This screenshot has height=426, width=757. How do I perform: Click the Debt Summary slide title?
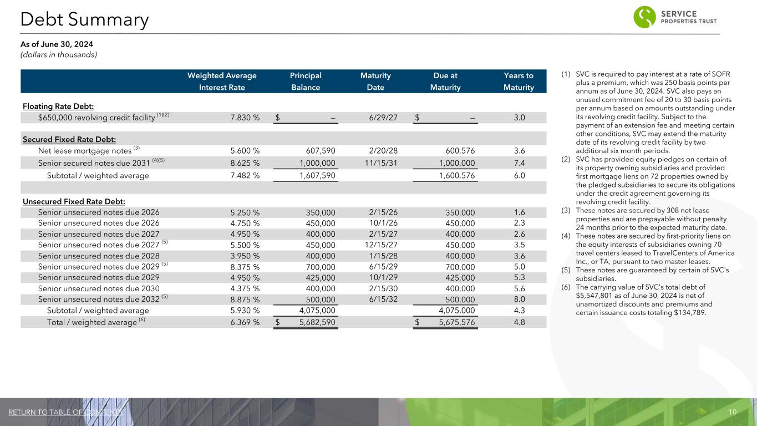[84, 20]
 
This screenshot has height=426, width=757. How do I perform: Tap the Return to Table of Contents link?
[65, 412]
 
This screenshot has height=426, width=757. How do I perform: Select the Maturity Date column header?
[375, 82]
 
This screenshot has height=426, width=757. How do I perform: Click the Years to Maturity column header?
[519, 82]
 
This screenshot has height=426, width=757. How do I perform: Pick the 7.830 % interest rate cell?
[245, 118]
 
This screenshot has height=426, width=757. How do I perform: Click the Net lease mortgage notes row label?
[85, 150]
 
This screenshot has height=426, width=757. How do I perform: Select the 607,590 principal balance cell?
[321, 150]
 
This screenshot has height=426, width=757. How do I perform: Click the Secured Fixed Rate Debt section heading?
[69, 139]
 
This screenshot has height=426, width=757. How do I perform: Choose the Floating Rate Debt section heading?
[58, 106]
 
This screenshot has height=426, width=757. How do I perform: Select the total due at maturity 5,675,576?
[451, 322]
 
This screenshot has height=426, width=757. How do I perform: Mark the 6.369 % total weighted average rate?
[245, 322]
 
